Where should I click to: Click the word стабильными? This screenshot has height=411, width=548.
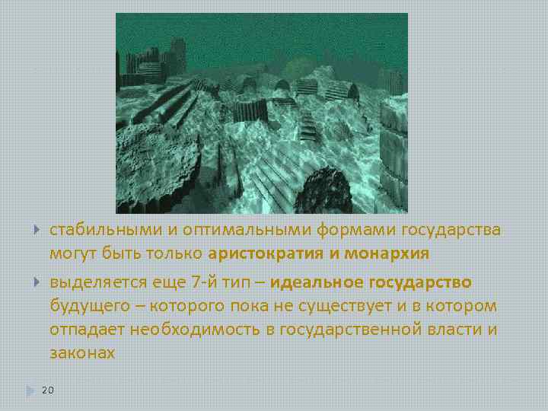(x=95, y=231)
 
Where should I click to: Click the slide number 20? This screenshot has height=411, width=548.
(x=47, y=390)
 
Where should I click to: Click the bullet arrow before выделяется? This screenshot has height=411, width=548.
(x=37, y=283)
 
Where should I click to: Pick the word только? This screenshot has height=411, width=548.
(x=177, y=253)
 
